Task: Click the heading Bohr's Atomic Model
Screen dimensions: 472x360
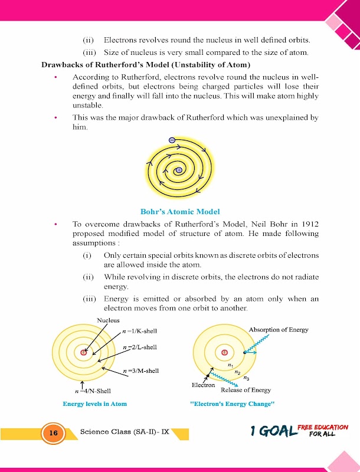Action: [180, 211]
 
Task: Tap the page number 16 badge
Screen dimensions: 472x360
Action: [53, 433]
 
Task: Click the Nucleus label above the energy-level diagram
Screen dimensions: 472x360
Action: [108, 320]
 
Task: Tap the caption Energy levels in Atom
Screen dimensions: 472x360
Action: [95, 404]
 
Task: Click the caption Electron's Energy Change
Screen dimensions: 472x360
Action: [233, 404]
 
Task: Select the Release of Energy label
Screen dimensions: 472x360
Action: [246, 390]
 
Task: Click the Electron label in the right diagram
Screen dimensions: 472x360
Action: [204, 385]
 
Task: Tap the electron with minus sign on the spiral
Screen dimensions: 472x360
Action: [171, 140]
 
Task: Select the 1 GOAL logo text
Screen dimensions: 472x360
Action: [273, 432]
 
